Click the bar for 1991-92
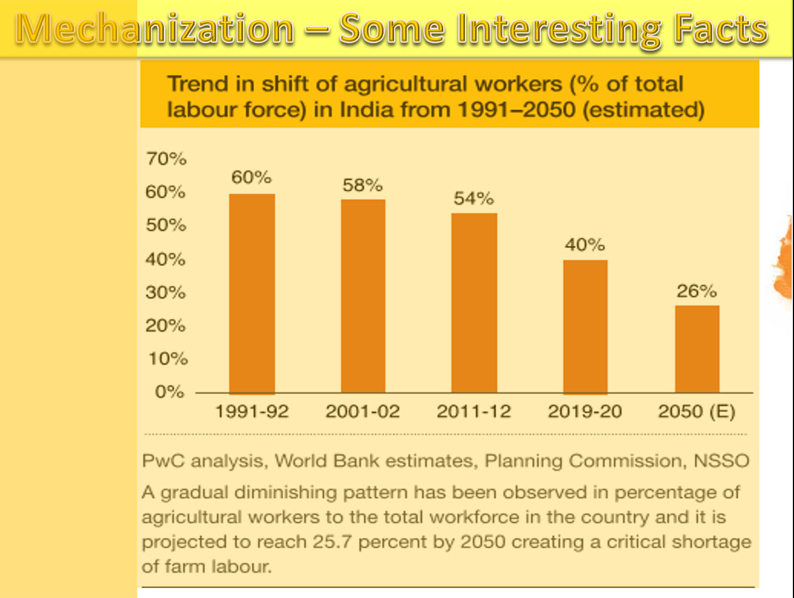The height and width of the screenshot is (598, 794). [252, 293]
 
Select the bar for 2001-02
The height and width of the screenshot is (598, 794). [363, 296]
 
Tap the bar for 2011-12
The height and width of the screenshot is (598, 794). [474, 303]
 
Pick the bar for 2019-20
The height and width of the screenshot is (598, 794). [585, 327]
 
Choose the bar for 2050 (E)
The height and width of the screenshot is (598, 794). [696, 349]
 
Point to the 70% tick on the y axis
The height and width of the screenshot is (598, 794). [166, 159]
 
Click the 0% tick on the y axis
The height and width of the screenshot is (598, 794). [170, 392]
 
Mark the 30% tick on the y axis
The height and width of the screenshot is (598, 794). [165, 292]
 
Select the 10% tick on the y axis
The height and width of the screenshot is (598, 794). [168, 359]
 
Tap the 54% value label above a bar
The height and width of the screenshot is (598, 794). [473, 198]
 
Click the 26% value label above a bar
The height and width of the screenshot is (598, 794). [696, 291]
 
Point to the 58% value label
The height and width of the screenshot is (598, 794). [362, 185]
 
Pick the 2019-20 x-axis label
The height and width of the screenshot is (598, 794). [584, 411]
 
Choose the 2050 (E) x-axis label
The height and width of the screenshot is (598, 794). [696, 411]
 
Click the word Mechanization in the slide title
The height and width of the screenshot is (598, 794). [155, 28]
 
